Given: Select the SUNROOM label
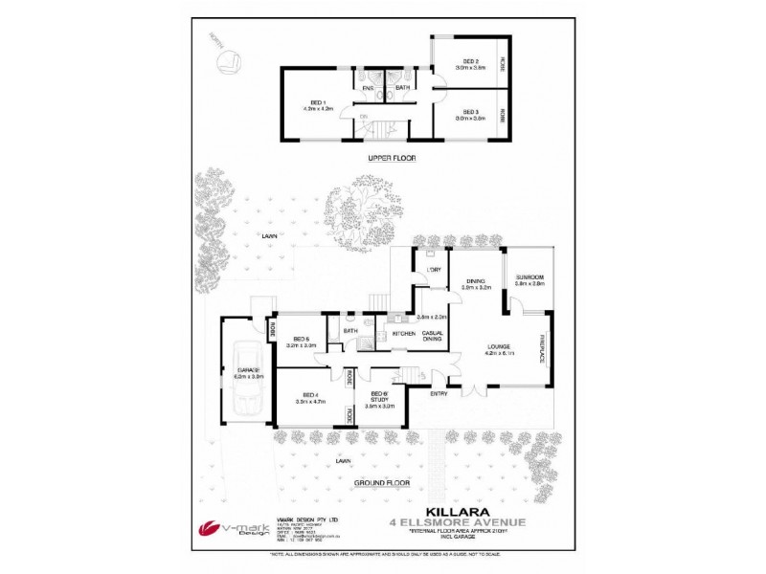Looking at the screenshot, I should pyautogui.click(x=528, y=277).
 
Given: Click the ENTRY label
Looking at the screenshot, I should pyautogui.click(x=439, y=393).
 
